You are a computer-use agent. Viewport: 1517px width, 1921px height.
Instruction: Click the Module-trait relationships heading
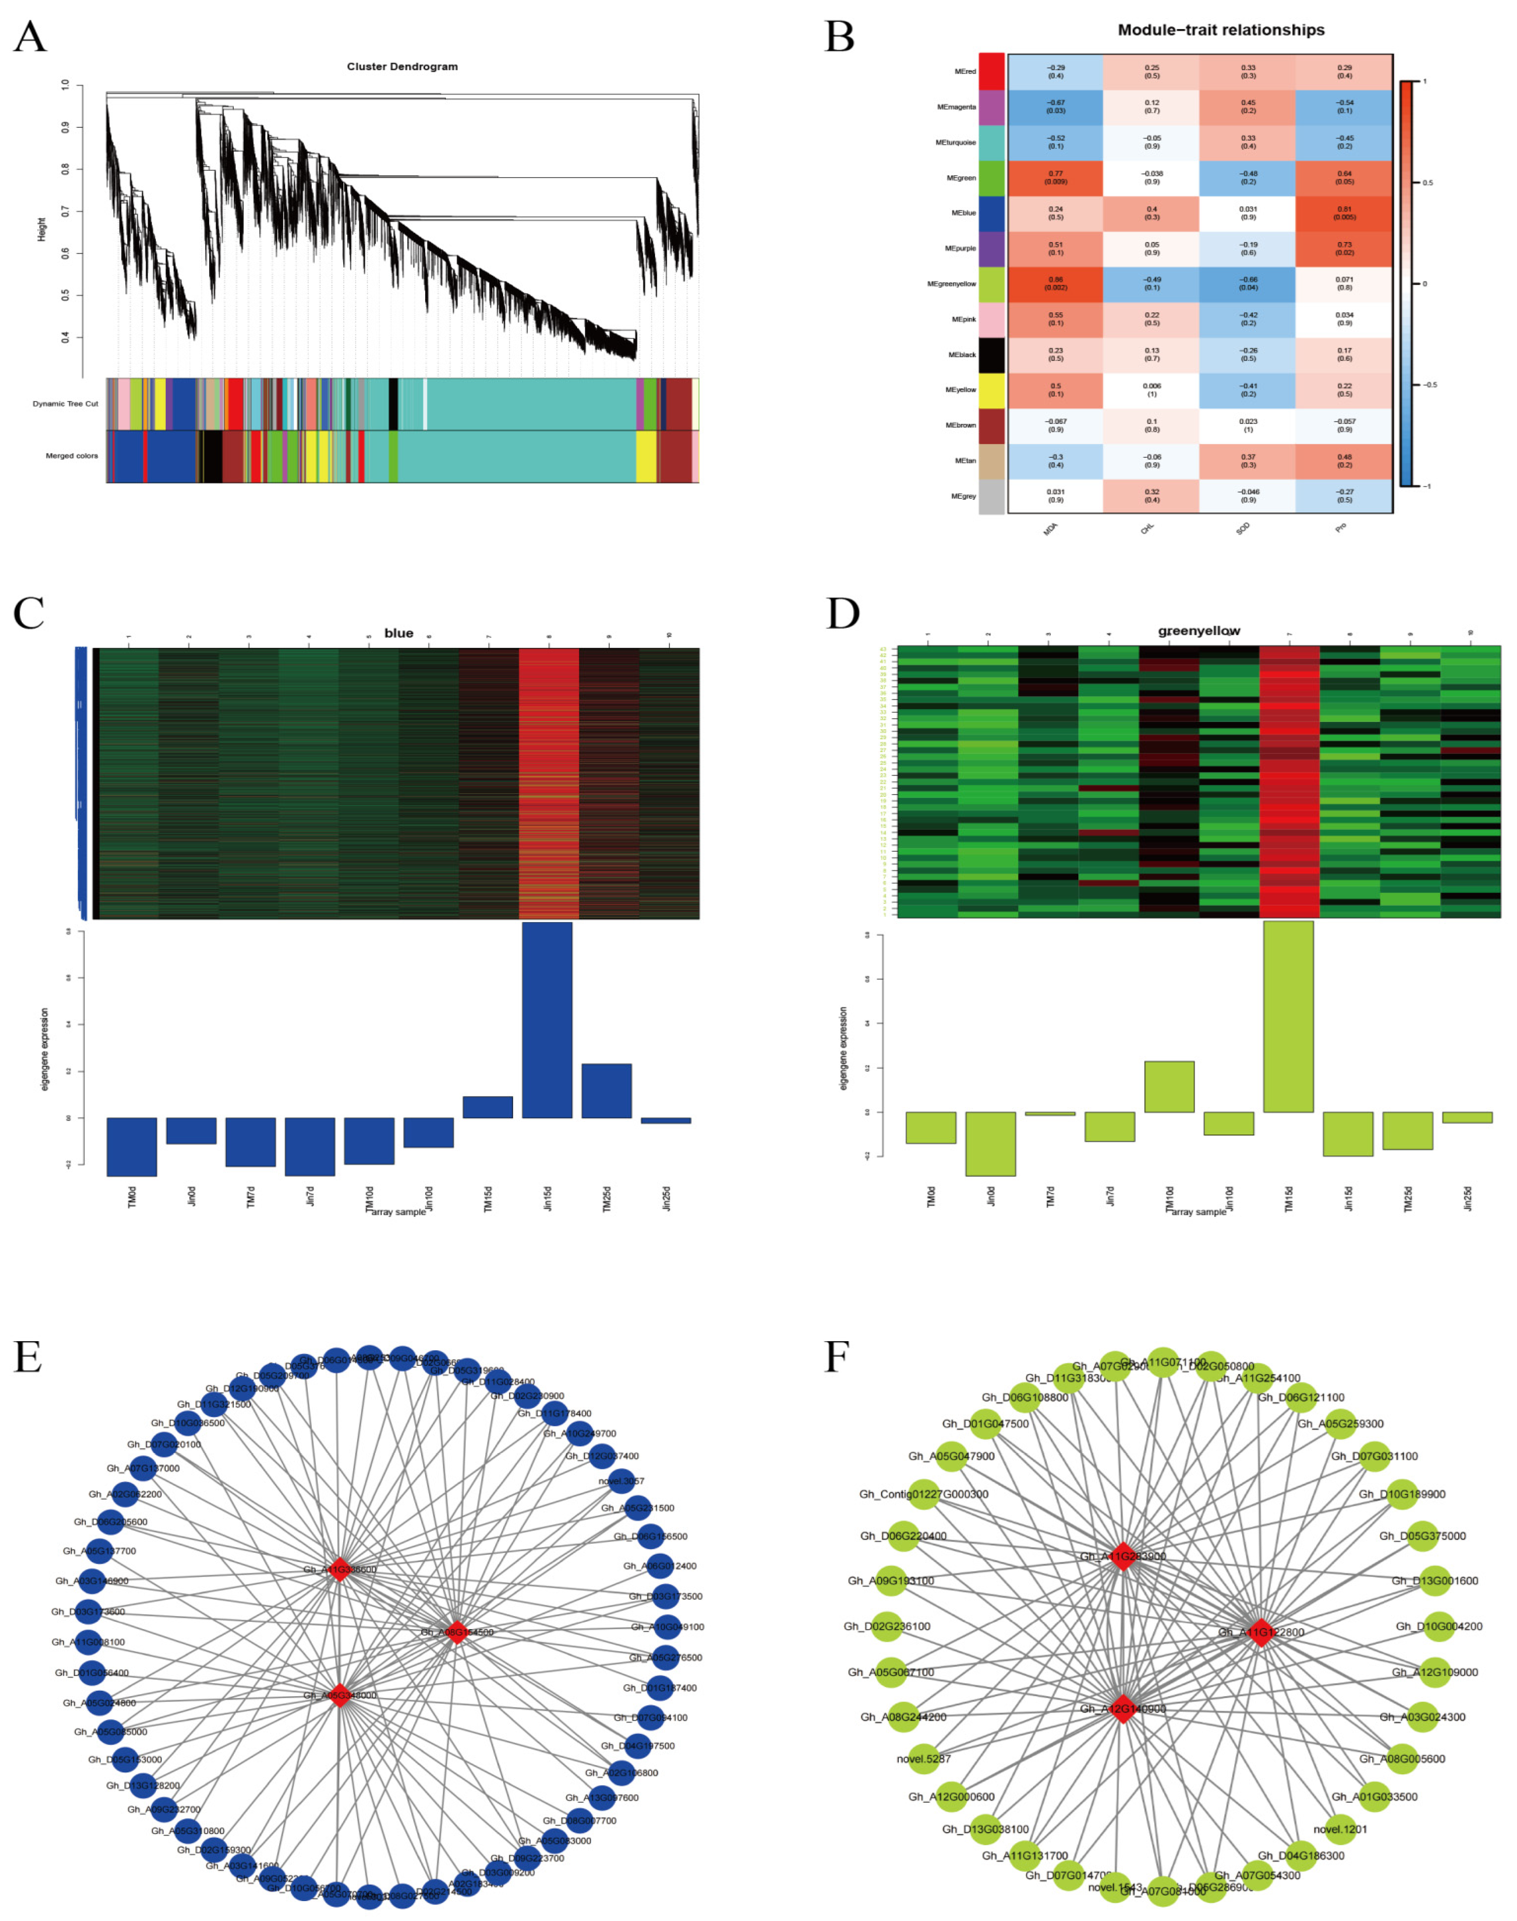click(x=1220, y=30)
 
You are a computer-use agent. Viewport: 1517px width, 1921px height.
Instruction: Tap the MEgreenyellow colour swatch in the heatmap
click(x=991, y=285)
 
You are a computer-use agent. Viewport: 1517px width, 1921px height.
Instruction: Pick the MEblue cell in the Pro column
click(x=1344, y=213)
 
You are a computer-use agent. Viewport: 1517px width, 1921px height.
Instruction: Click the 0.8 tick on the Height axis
click(x=65, y=169)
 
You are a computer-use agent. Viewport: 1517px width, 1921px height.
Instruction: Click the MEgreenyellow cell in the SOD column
click(x=1247, y=285)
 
